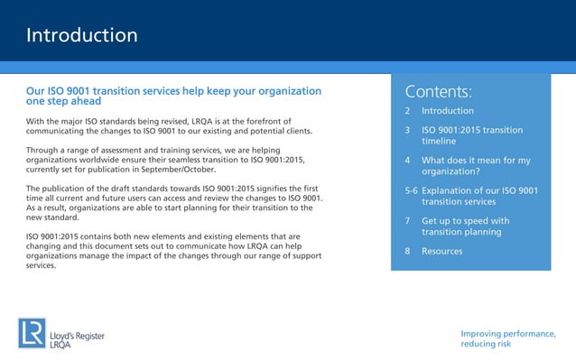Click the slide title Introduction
click(81, 36)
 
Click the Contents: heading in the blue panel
click(439, 91)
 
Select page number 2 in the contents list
click(408, 111)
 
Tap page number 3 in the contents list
click(408, 130)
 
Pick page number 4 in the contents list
click(408, 161)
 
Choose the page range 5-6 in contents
click(412, 191)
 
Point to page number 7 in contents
click(408, 221)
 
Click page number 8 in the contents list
click(408, 251)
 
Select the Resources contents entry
click(441, 251)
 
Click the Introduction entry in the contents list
click(447, 111)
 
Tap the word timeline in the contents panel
click(439, 142)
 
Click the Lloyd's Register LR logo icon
click(31, 333)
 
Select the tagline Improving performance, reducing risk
click(507, 339)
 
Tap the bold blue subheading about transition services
click(173, 97)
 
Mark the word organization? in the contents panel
click(450, 171)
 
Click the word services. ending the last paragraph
click(42, 266)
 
